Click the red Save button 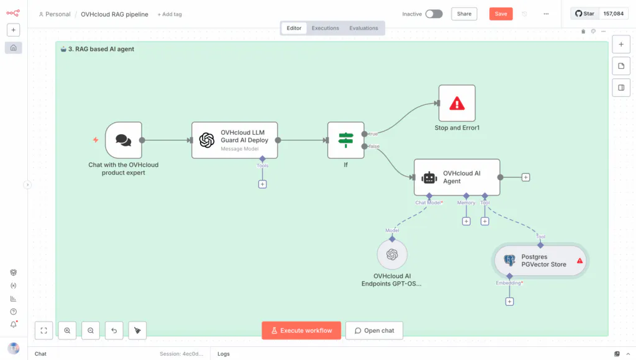(x=501, y=14)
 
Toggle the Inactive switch (x=434, y=14)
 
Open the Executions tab (x=325, y=28)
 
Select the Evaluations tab (x=363, y=28)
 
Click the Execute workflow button (x=301, y=330)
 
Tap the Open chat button (x=375, y=330)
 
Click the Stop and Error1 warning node (x=457, y=103)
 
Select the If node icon (x=345, y=140)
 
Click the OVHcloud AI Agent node (x=457, y=177)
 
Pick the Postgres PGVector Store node (x=540, y=261)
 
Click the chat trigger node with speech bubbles (x=124, y=140)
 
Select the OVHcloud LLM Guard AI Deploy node (x=234, y=140)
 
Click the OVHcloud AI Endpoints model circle (x=392, y=254)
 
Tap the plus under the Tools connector (x=263, y=184)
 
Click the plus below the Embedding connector (x=509, y=302)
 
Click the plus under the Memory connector (x=466, y=222)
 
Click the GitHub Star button (x=584, y=14)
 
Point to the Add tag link (x=170, y=14)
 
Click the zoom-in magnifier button (x=67, y=330)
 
